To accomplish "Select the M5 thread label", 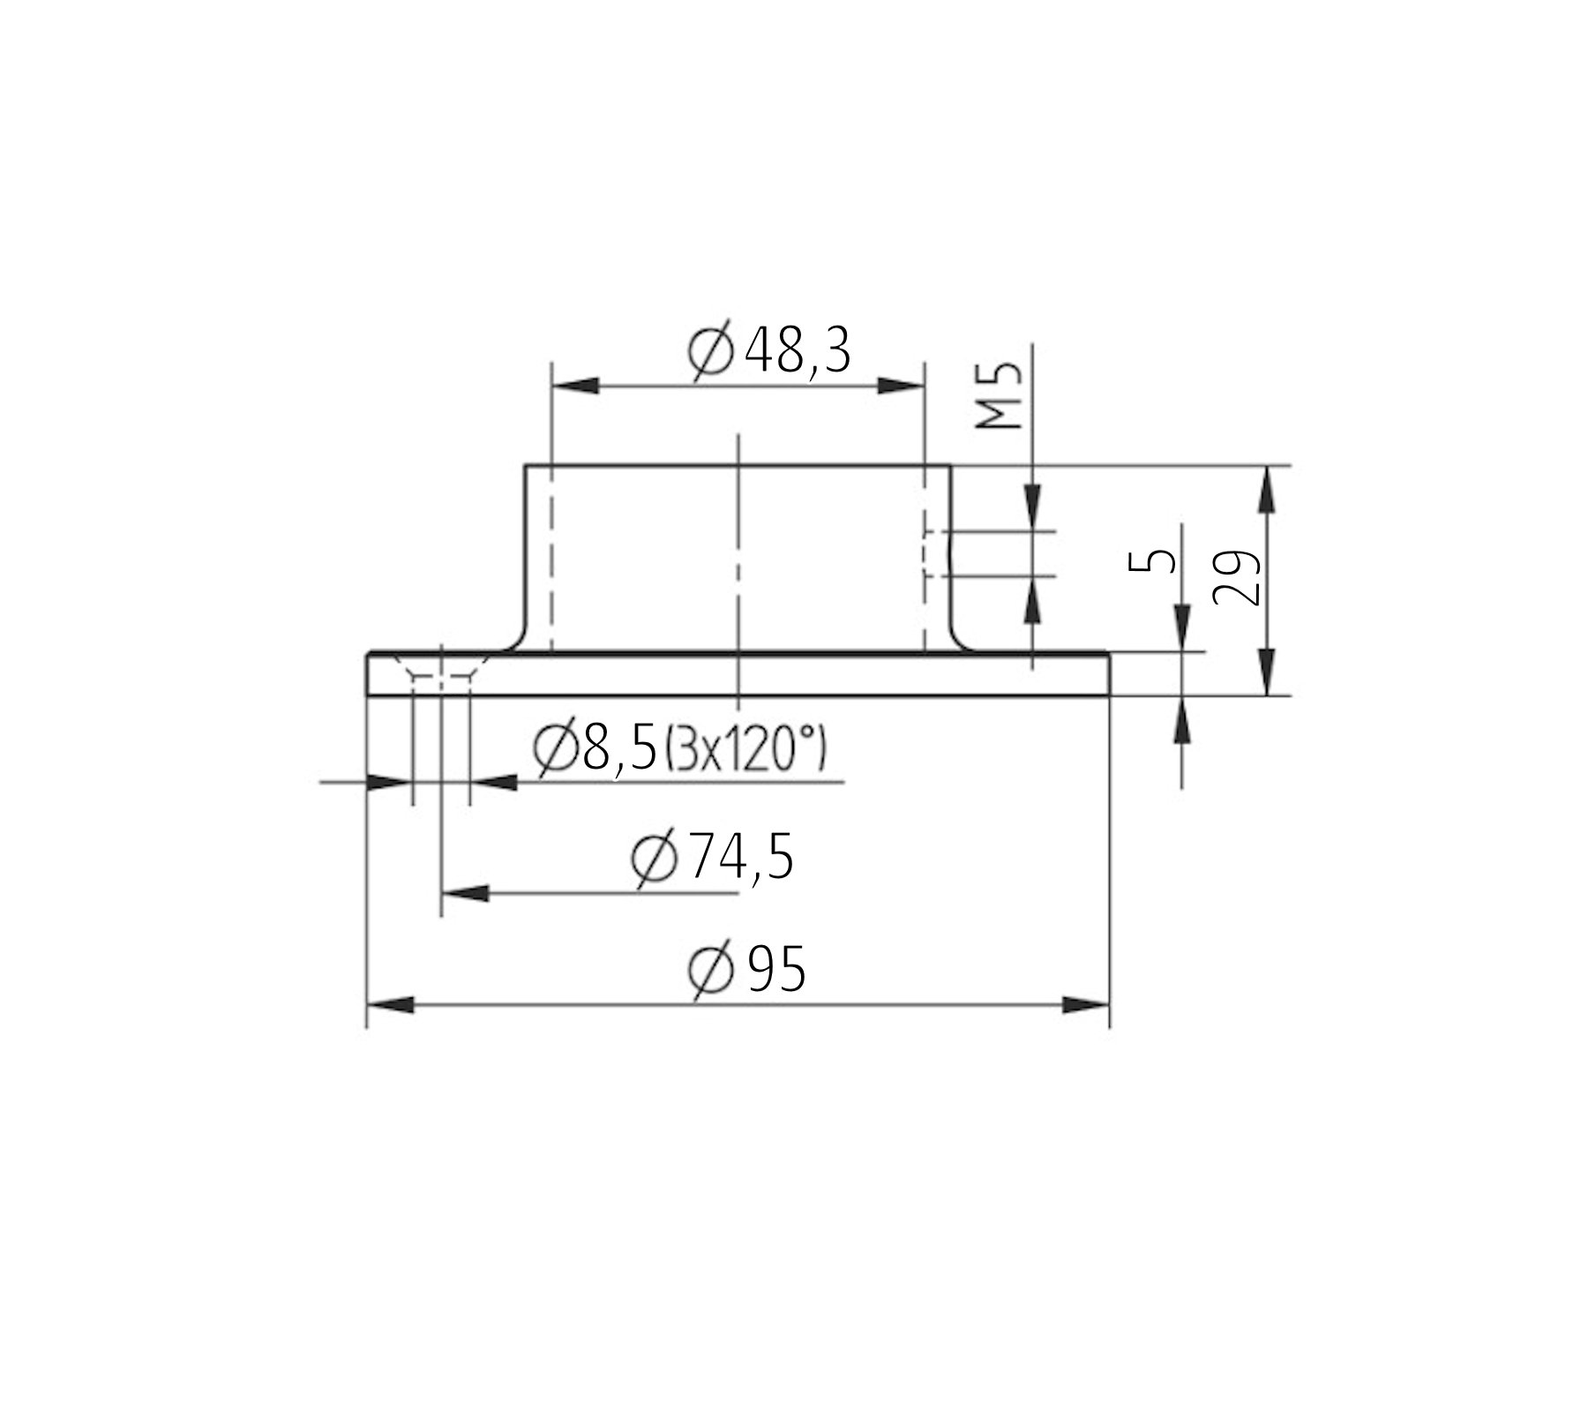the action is pyautogui.click(x=1000, y=395).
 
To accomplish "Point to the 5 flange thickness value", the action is pyautogui.click(x=1152, y=560).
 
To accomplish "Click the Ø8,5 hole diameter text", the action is pyautogui.click(x=596, y=751).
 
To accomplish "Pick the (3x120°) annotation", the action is pyautogui.click(x=744, y=751).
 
